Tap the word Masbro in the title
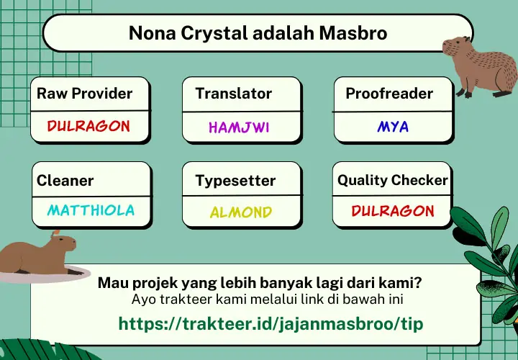pyautogui.click(x=353, y=33)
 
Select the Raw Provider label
pyautogui.click(x=85, y=93)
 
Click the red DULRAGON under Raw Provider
pyautogui.click(x=88, y=126)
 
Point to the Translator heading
pyautogui.click(x=234, y=93)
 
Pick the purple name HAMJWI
pyautogui.click(x=239, y=127)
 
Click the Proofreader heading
pyautogui.click(x=389, y=93)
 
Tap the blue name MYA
pyautogui.click(x=393, y=126)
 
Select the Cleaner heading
pyautogui.click(x=65, y=181)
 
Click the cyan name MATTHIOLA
pyautogui.click(x=91, y=210)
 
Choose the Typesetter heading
pyautogui.click(x=235, y=181)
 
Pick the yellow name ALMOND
pyautogui.click(x=241, y=212)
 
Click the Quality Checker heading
pyautogui.click(x=393, y=180)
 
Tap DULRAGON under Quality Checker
pyautogui.click(x=393, y=211)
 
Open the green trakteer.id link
pyautogui.click(x=271, y=323)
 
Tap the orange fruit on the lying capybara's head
pyautogui.click(x=56, y=233)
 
